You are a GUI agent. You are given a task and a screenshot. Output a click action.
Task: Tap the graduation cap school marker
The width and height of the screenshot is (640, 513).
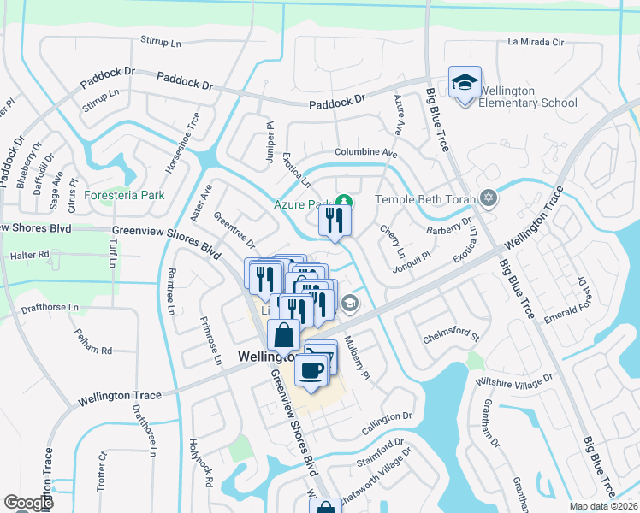(465, 83)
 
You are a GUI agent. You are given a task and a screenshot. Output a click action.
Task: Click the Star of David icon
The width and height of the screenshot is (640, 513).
(489, 198)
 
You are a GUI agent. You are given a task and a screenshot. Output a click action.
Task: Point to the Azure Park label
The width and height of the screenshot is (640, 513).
(302, 205)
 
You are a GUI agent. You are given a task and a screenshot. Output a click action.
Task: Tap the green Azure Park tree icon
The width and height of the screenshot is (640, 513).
(342, 203)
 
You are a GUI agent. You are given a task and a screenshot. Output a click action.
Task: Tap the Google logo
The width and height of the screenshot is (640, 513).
(29, 503)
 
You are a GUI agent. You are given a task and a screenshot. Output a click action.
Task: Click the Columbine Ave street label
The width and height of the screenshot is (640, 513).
(366, 153)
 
